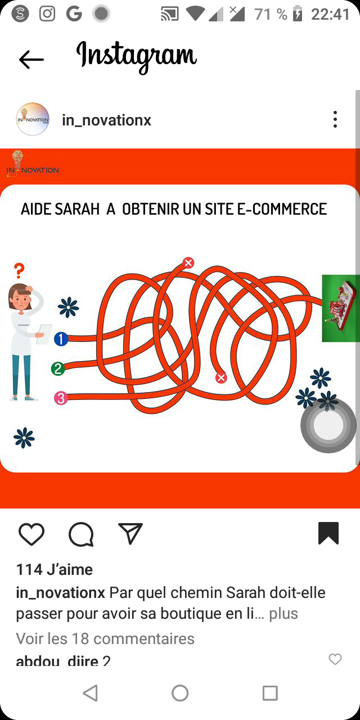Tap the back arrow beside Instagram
31,60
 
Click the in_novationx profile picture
33,119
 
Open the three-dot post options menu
335,119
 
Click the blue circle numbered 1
61,339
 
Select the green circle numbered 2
58,368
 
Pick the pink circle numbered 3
61,398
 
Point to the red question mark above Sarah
19,271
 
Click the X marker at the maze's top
188,263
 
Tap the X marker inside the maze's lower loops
221,377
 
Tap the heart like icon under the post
31,534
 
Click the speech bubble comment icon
81,534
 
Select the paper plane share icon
130,533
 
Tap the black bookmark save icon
328,533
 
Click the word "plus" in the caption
283,614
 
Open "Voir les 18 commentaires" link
105,638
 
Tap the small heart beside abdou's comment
335,659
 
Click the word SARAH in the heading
77,209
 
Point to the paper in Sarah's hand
44,334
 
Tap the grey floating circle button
328,425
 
